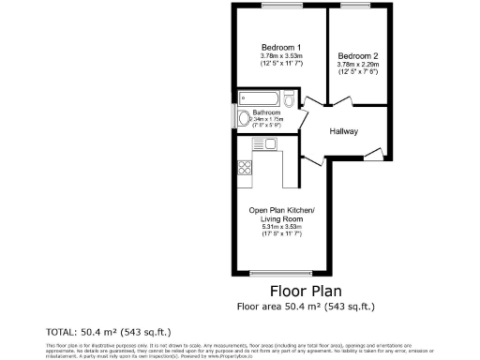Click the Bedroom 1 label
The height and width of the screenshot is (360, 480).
[x=281, y=48]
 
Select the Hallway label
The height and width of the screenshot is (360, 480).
[x=343, y=131]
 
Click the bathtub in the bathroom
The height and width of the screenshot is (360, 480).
[x=260, y=97]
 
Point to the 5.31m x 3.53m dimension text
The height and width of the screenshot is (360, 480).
[x=281, y=227]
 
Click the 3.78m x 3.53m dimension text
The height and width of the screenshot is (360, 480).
[x=281, y=56]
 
